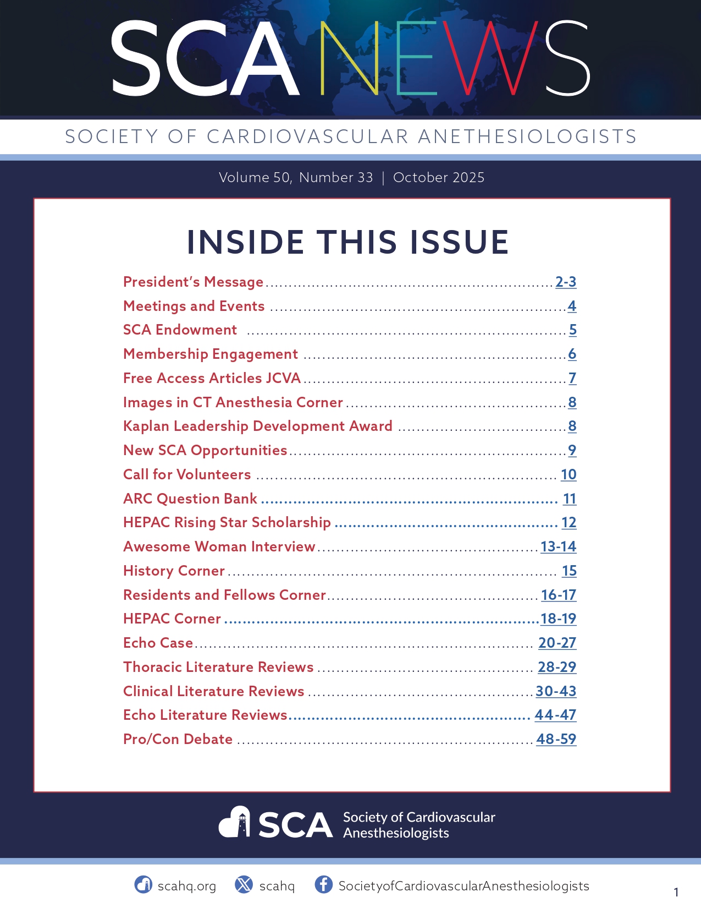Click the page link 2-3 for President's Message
point(566,282)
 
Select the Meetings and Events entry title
point(194,306)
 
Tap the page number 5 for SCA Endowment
point(572,330)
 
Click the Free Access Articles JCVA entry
point(212,378)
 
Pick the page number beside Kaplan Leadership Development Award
point(572,426)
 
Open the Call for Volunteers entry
point(187,474)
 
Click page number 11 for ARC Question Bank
point(570,499)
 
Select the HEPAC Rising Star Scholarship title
point(227,522)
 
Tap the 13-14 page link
point(558,546)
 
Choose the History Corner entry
point(174,571)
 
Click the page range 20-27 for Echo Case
point(557,643)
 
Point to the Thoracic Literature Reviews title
point(218,667)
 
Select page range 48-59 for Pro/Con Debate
point(556,739)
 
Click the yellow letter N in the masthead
point(349,58)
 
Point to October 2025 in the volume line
point(438,178)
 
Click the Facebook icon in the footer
point(323,884)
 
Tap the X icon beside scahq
point(244,884)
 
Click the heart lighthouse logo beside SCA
point(235,822)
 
